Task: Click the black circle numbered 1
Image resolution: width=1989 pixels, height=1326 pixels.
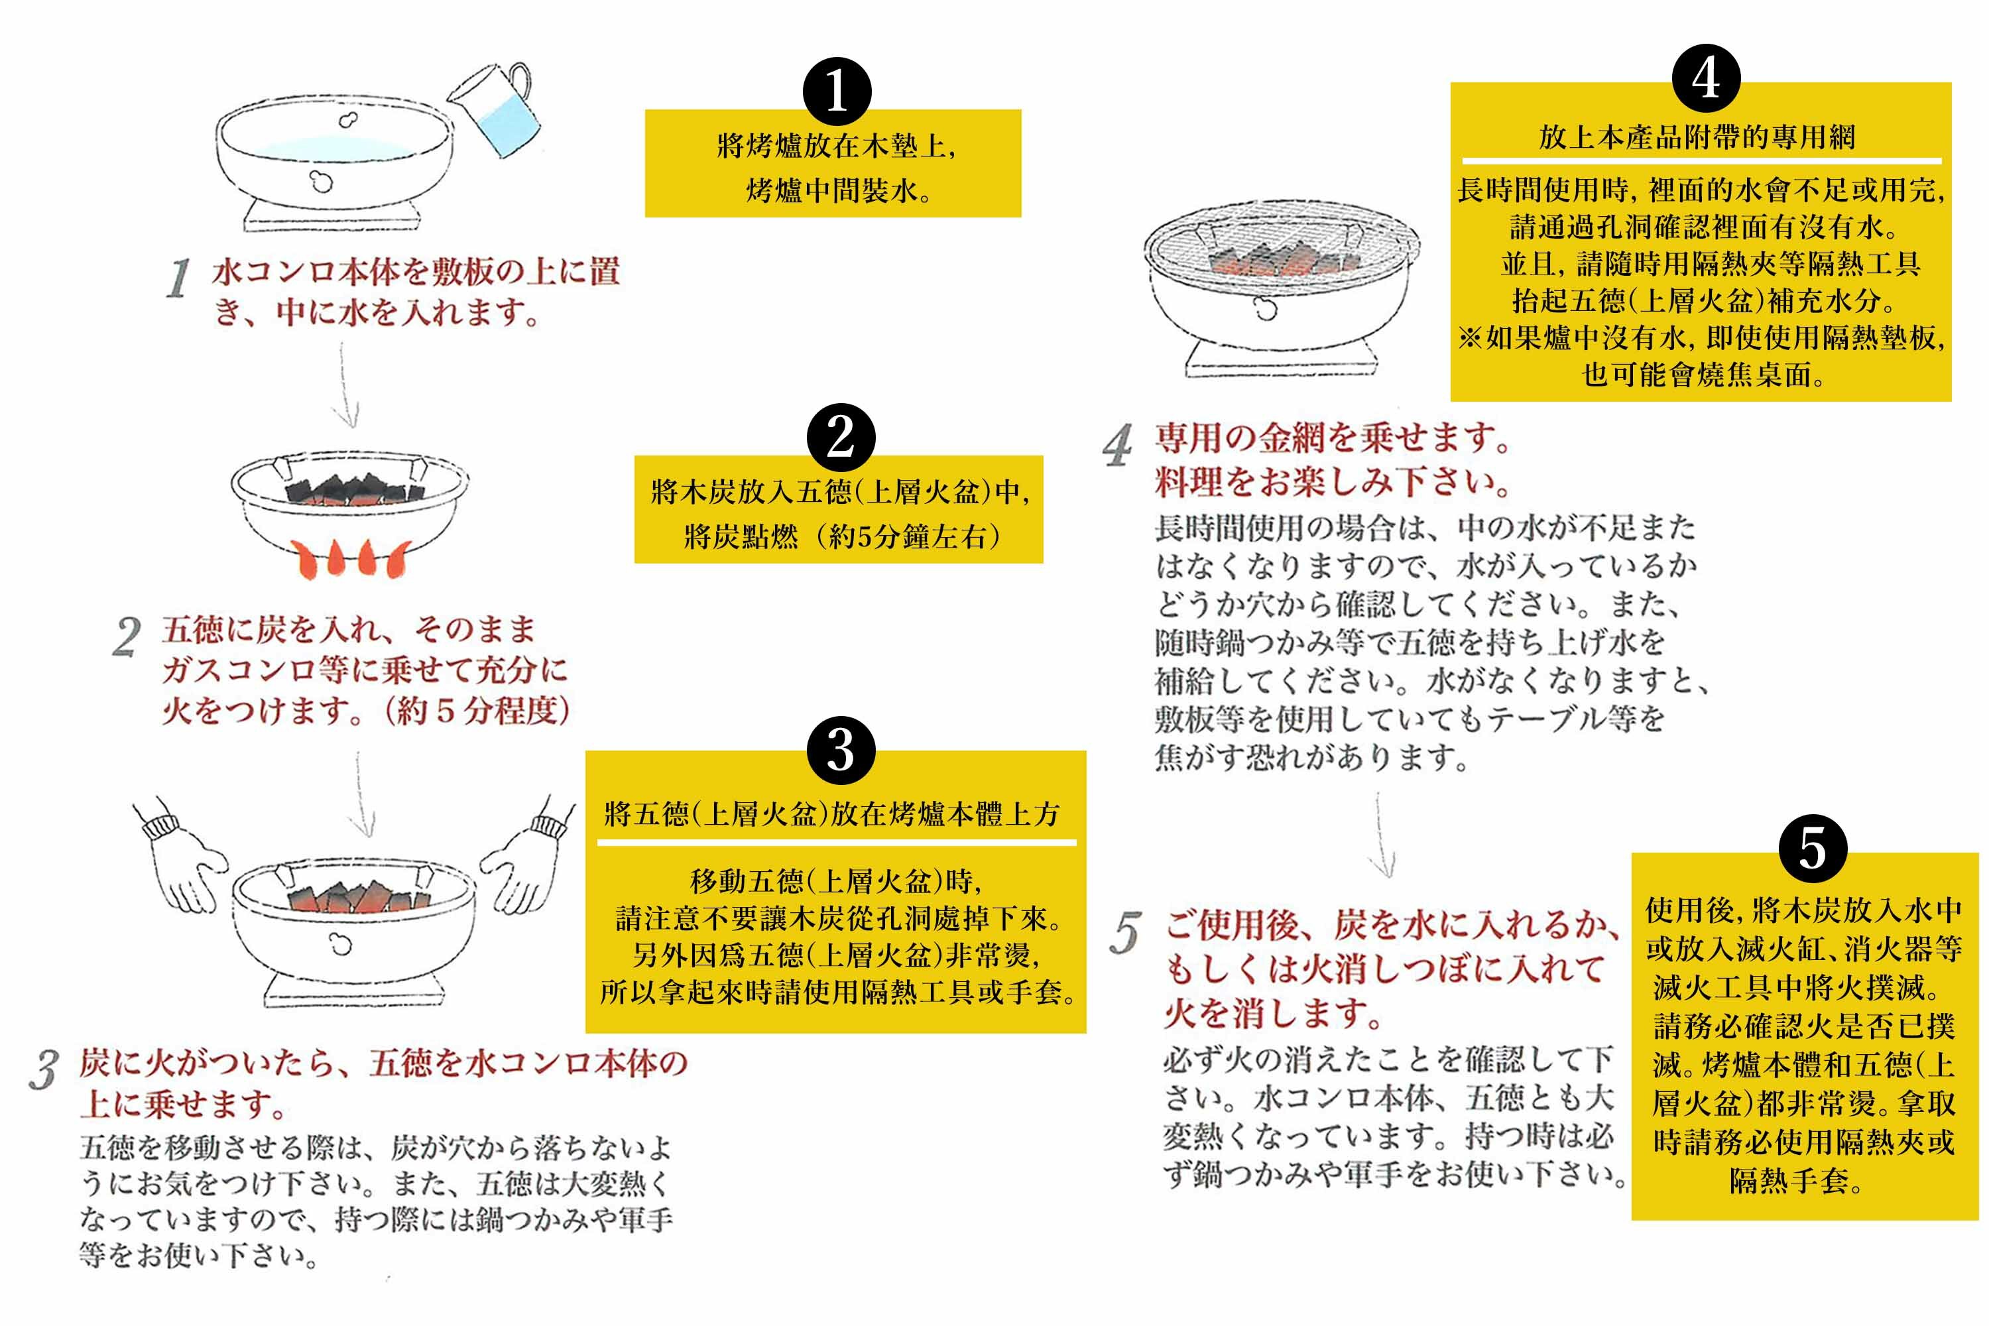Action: [836, 91]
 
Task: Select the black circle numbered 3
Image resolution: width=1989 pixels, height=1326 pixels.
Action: [841, 749]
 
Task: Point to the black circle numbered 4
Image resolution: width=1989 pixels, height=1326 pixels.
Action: [1706, 79]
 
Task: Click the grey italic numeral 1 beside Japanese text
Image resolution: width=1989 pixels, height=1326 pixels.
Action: [178, 279]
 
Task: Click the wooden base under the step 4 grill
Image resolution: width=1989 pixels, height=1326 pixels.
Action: [1279, 363]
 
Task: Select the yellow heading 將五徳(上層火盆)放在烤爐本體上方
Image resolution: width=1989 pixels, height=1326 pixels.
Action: [831, 814]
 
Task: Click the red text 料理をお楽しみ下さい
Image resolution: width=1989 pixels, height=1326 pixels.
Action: [1332, 481]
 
